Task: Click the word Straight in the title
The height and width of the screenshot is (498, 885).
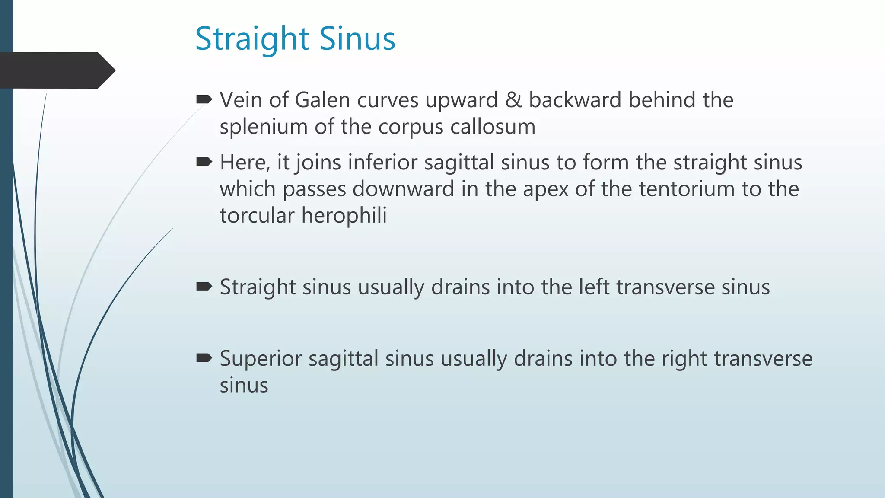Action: pyautogui.click(x=252, y=39)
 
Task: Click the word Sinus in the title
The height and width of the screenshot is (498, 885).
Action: pyautogui.click(x=357, y=39)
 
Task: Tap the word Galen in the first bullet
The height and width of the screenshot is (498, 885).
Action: pyautogui.click(x=322, y=100)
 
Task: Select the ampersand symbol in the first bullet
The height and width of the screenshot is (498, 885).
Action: pyautogui.click(x=513, y=100)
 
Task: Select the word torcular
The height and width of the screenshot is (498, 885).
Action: pyautogui.click(x=257, y=216)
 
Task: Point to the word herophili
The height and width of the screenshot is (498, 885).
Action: pyautogui.click(x=344, y=216)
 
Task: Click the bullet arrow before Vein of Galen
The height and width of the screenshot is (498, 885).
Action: pyautogui.click(x=204, y=100)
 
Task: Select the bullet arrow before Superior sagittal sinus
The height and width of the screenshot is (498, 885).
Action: pyautogui.click(x=204, y=358)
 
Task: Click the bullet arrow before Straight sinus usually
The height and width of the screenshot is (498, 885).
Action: pyautogui.click(x=204, y=287)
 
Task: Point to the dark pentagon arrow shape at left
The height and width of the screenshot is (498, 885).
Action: pyautogui.click(x=56, y=70)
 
